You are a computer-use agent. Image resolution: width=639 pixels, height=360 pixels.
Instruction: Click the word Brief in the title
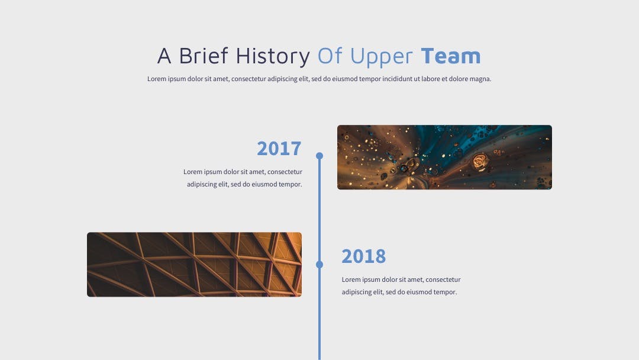204,56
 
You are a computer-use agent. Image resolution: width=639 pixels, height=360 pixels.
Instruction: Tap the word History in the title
273,56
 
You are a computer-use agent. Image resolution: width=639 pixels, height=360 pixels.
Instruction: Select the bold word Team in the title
451,56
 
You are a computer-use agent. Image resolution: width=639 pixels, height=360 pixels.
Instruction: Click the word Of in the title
330,56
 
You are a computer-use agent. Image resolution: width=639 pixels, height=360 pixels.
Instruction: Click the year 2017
279,149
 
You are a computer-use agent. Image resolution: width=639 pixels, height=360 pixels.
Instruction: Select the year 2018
363,256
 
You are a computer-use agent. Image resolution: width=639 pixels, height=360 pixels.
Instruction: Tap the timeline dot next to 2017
319,156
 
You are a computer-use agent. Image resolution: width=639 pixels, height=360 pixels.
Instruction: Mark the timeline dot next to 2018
319,265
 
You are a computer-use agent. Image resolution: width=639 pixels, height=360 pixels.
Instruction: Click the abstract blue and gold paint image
444,157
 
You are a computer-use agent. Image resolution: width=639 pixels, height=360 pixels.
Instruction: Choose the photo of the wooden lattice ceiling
195,265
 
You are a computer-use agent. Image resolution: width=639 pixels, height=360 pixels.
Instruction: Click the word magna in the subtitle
481,79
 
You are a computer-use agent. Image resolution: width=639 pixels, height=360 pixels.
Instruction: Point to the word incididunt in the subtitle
397,79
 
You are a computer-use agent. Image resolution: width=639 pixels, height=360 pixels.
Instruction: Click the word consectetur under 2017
285,172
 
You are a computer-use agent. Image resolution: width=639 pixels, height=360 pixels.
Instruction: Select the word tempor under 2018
446,292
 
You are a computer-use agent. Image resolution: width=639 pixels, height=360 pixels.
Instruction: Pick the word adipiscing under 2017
202,185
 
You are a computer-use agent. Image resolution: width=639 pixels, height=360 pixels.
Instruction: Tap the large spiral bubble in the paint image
480,162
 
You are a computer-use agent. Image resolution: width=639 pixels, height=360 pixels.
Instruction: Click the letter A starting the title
164,56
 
